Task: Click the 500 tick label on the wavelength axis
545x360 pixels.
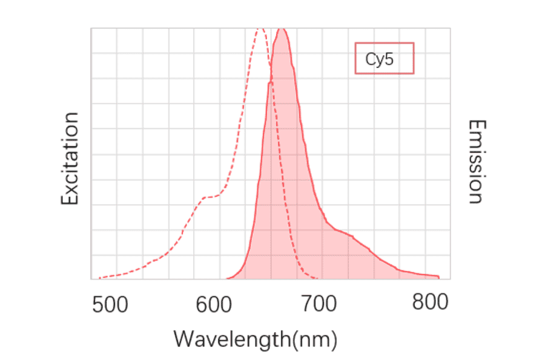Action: coord(110,304)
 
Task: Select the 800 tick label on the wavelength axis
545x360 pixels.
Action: coord(430,302)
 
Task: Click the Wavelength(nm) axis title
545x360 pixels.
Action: coord(255,339)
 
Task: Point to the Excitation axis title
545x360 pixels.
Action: coord(70,159)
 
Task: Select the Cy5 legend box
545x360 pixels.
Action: coord(384,58)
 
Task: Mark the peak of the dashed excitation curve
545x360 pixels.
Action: coord(260,28)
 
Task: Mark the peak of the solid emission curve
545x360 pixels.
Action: coord(282,29)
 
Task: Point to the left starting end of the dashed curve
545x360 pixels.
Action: coord(99,278)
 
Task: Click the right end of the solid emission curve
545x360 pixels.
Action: coord(439,277)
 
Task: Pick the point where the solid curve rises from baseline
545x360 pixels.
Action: coord(227,279)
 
